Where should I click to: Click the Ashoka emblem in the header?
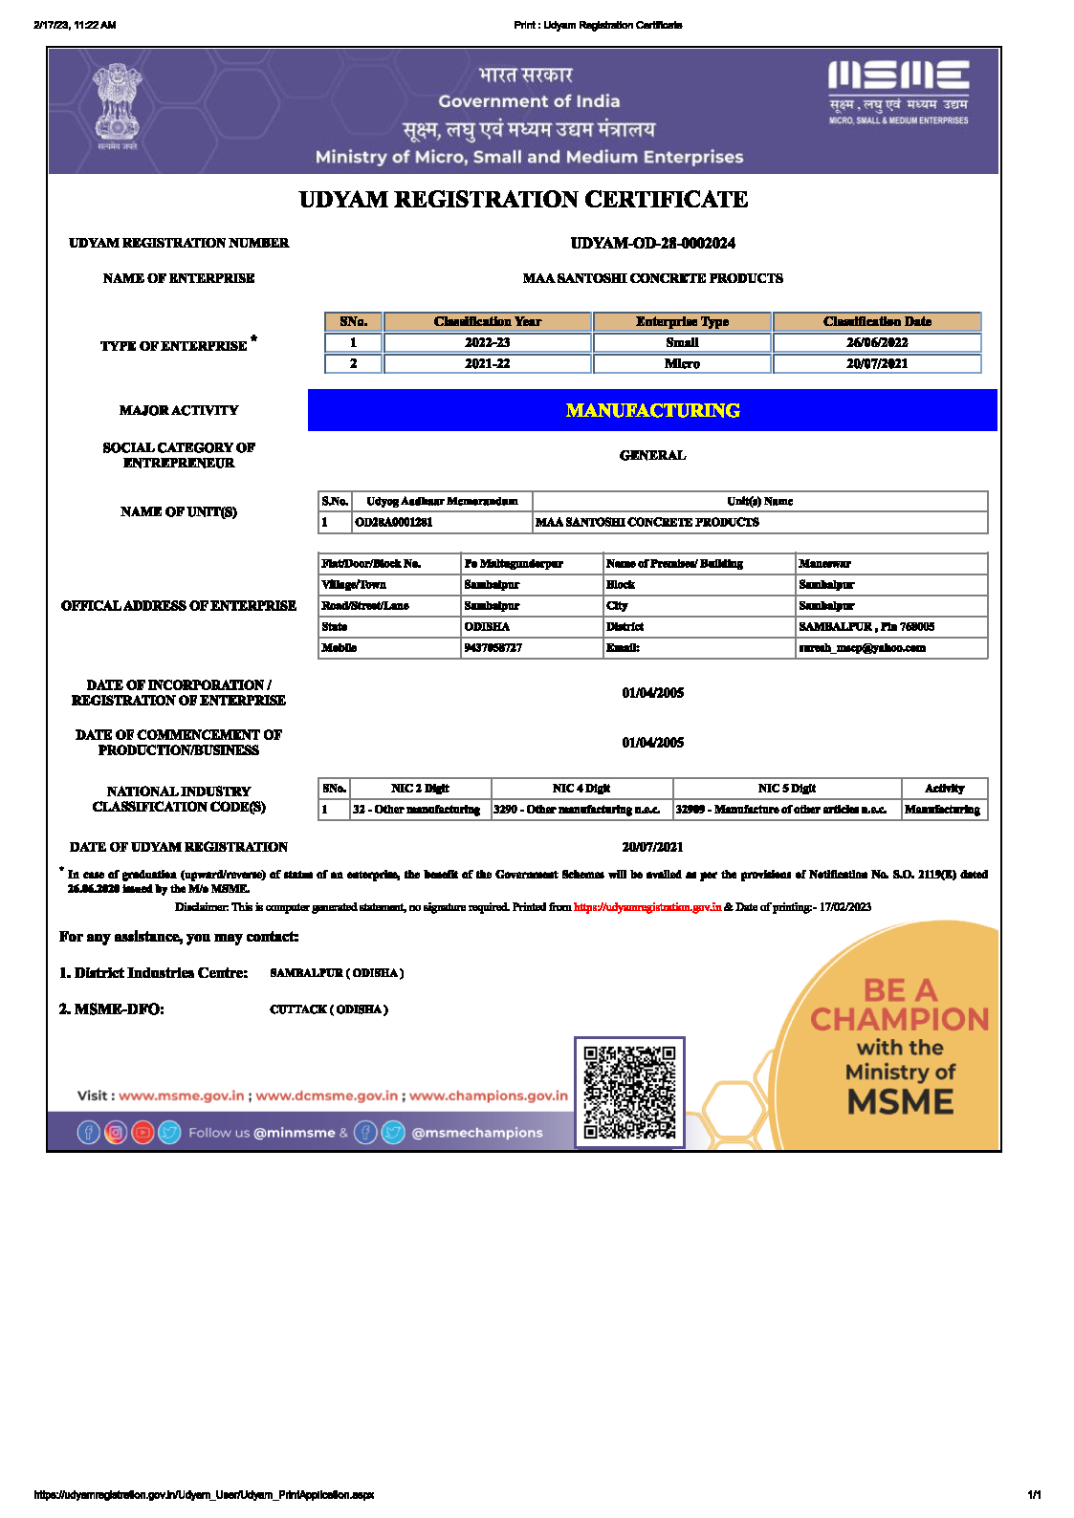(x=117, y=105)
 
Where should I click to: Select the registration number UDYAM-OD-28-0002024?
(x=652, y=243)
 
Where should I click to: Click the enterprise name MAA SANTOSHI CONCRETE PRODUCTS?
(x=652, y=278)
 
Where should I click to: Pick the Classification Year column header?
(x=487, y=321)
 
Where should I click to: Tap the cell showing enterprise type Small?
(x=682, y=342)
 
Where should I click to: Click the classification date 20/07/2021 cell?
(x=877, y=363)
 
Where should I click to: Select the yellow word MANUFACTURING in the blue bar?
(x=652, y=410)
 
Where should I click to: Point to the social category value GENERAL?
(x=652, y=455)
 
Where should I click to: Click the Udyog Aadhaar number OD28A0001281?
(x=394, y=522)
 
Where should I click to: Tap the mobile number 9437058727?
(x=493, y=647)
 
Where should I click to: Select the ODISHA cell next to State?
(x=488, y=626)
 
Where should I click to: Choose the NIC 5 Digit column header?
(x=786, y=789)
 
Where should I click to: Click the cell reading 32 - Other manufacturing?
(x=417, y=810)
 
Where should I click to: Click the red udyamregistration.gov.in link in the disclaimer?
(x=647, y=907)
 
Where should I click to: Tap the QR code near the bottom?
(x=629, y=1092)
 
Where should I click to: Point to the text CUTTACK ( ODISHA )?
(x=329, y=1009)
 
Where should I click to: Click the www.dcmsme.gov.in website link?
(x=327, y=1095)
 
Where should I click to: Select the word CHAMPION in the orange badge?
(x=899, y=1019)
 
